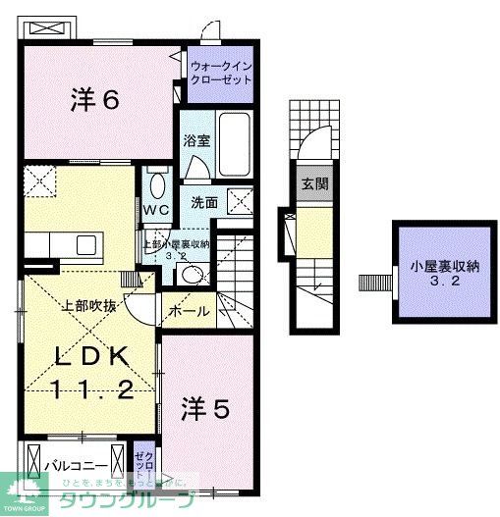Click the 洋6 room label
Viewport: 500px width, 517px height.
click(x=95, y=99)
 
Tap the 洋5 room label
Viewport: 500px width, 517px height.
click(x=206, y=409)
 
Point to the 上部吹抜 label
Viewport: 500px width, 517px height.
click(x=91, y=305)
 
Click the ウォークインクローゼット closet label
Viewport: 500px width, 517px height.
click(x=222, y=74)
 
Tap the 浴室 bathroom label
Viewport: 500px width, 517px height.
click(x=195, y=140)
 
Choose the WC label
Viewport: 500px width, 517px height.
click(x=156, y=211)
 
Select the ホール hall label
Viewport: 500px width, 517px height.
click(x=188, y=311)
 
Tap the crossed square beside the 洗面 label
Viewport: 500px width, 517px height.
click(x=241, y=204)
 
